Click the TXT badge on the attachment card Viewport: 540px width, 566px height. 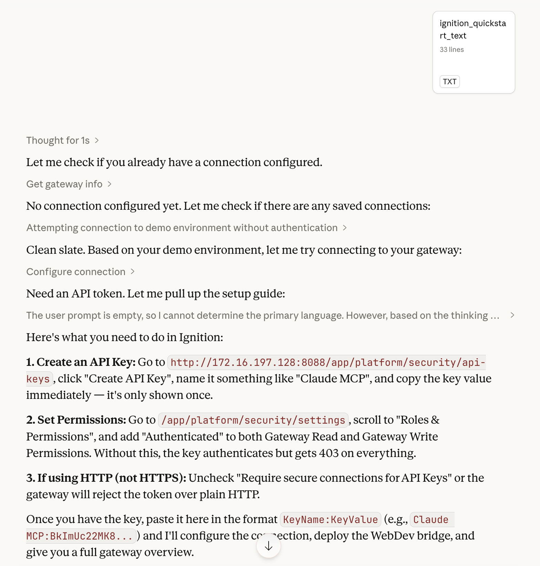[449, 81]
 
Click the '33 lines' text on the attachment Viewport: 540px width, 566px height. [451, 50]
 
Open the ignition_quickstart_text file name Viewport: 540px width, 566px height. [473, 29]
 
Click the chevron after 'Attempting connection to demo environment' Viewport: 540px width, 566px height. [345, 228]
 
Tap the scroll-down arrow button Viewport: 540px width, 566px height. [268, 546]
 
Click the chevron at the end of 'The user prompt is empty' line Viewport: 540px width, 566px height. [512, 315]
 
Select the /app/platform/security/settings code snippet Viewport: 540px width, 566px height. [253, 420]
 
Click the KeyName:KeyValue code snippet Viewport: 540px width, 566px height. [330, 520]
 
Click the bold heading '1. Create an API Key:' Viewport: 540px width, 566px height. [81, 362]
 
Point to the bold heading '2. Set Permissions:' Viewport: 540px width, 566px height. [76, 420]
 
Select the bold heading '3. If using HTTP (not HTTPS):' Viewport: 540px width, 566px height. [106, 478]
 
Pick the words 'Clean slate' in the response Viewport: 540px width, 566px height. [55, 250]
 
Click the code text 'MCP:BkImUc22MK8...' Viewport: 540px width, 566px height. [80, 536]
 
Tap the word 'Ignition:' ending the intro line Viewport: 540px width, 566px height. [201, 337]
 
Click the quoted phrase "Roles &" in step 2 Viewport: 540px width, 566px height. [418, 420]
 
